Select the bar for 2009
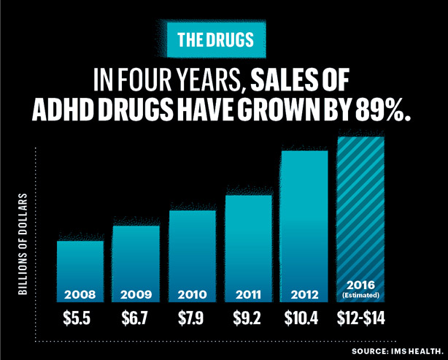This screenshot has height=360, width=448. point(136,263)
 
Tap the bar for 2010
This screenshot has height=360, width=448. point(192,256)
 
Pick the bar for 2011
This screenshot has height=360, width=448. point(248,248)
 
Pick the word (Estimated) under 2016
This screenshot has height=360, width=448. point(360,296)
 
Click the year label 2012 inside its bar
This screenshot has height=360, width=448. point(304,295)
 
